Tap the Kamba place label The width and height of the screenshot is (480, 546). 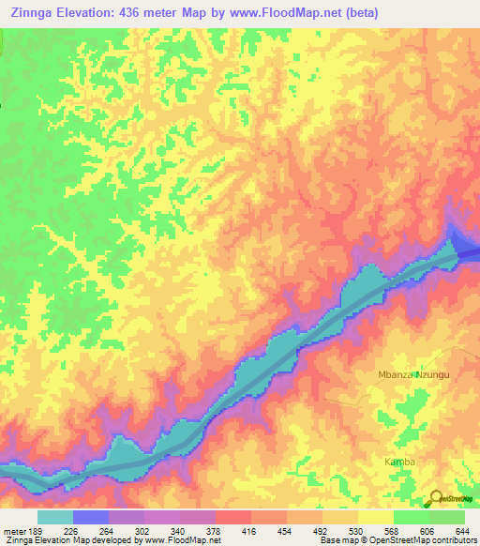pos(399,463)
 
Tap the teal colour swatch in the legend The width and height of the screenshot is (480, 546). pos(55,517)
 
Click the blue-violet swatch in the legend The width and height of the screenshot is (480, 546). pos(91,517)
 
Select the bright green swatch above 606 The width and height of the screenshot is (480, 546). pos(411,517)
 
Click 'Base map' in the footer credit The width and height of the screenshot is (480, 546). pos(335,540)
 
